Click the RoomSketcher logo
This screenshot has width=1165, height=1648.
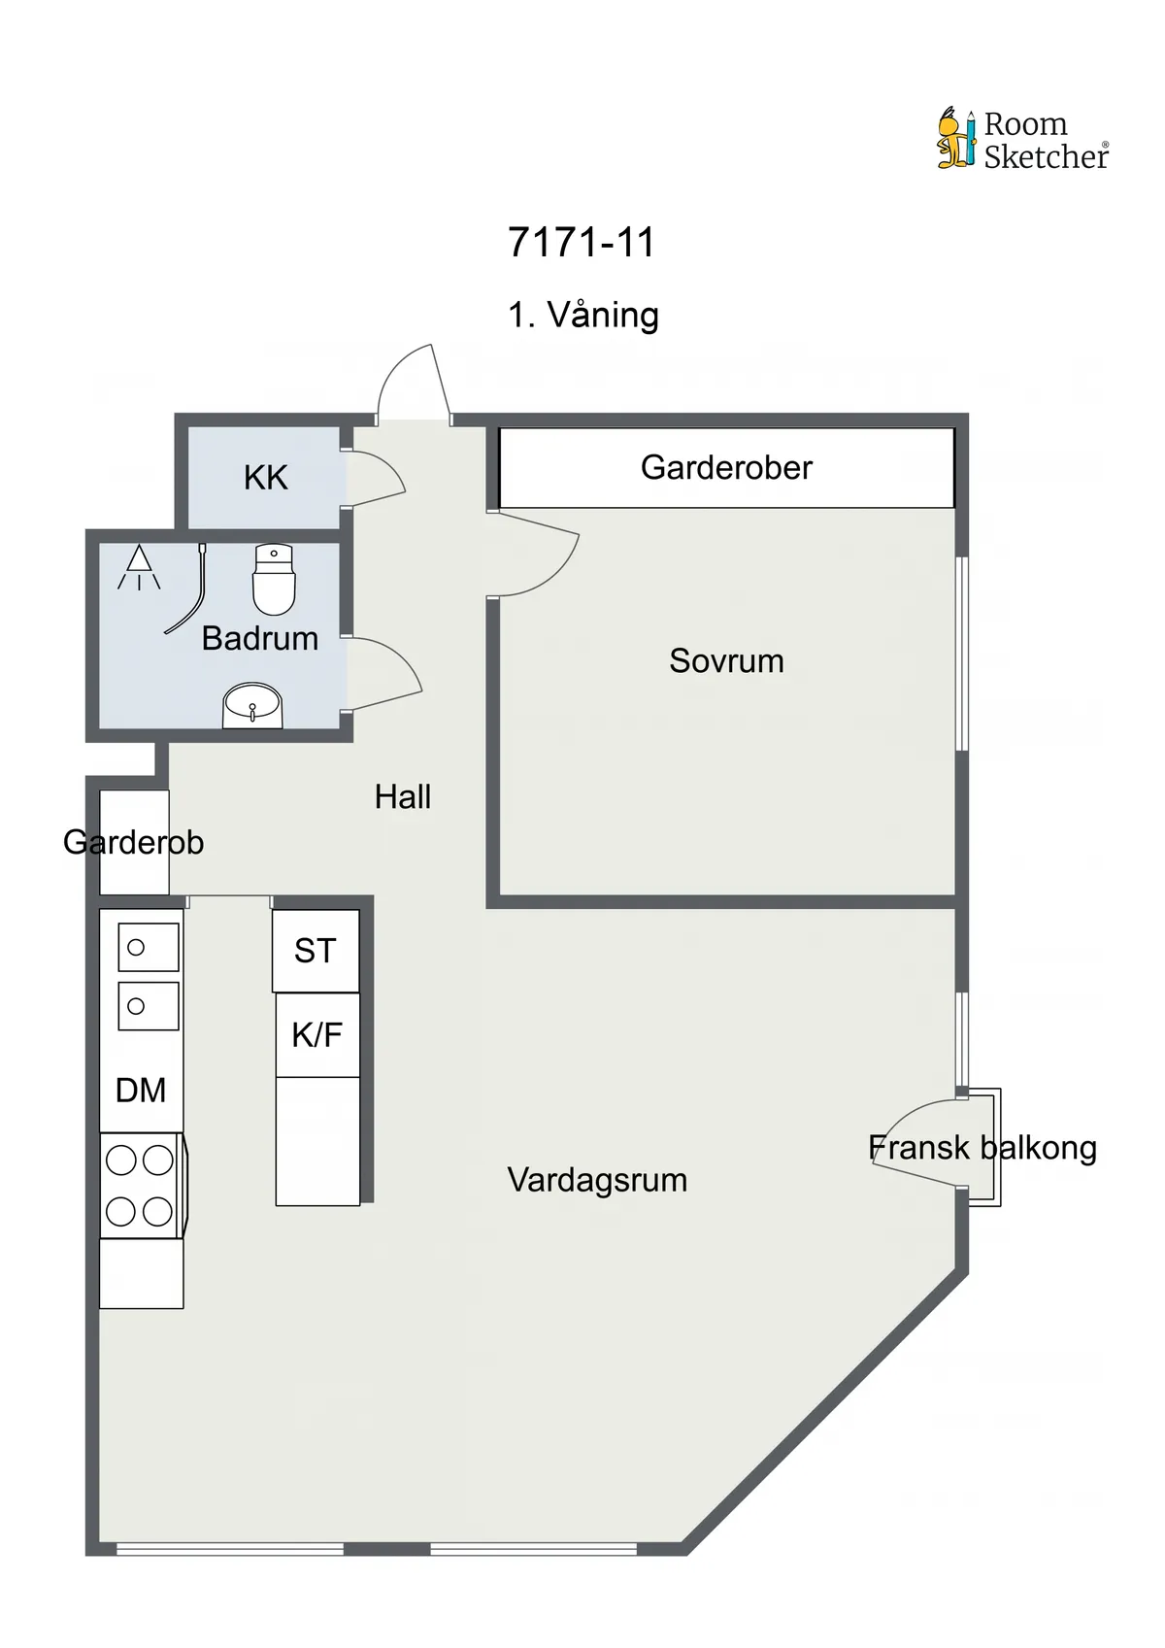(x=1023, y=138)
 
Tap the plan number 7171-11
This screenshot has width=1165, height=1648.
(x=581, y=242)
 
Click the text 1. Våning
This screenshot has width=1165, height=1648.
(x=583, y=316)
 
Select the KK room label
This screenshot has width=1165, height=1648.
(x=265, y=478)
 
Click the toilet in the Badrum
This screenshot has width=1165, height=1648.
(x=274, y=579)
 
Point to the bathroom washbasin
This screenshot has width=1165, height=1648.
(x=252, y=706)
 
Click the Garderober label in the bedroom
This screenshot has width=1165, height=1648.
(x=726, y=467)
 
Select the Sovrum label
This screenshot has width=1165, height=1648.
(x=726, y=660)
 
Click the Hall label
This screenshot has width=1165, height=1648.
(x=402, y=796)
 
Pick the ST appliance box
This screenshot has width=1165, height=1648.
(x=316, y=951)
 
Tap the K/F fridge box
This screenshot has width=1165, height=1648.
(x=317, y=1035)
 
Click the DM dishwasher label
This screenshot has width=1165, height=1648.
(x=141, y=1090)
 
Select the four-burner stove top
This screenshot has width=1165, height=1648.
(x=141, y=1185)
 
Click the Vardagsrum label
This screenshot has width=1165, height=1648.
(x=597, y=1181)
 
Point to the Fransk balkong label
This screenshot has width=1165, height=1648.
(x=982, y=1148)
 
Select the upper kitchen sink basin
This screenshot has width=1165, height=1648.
(x=149, y=947)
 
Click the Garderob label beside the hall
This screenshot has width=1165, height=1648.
(x=133, y=842)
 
